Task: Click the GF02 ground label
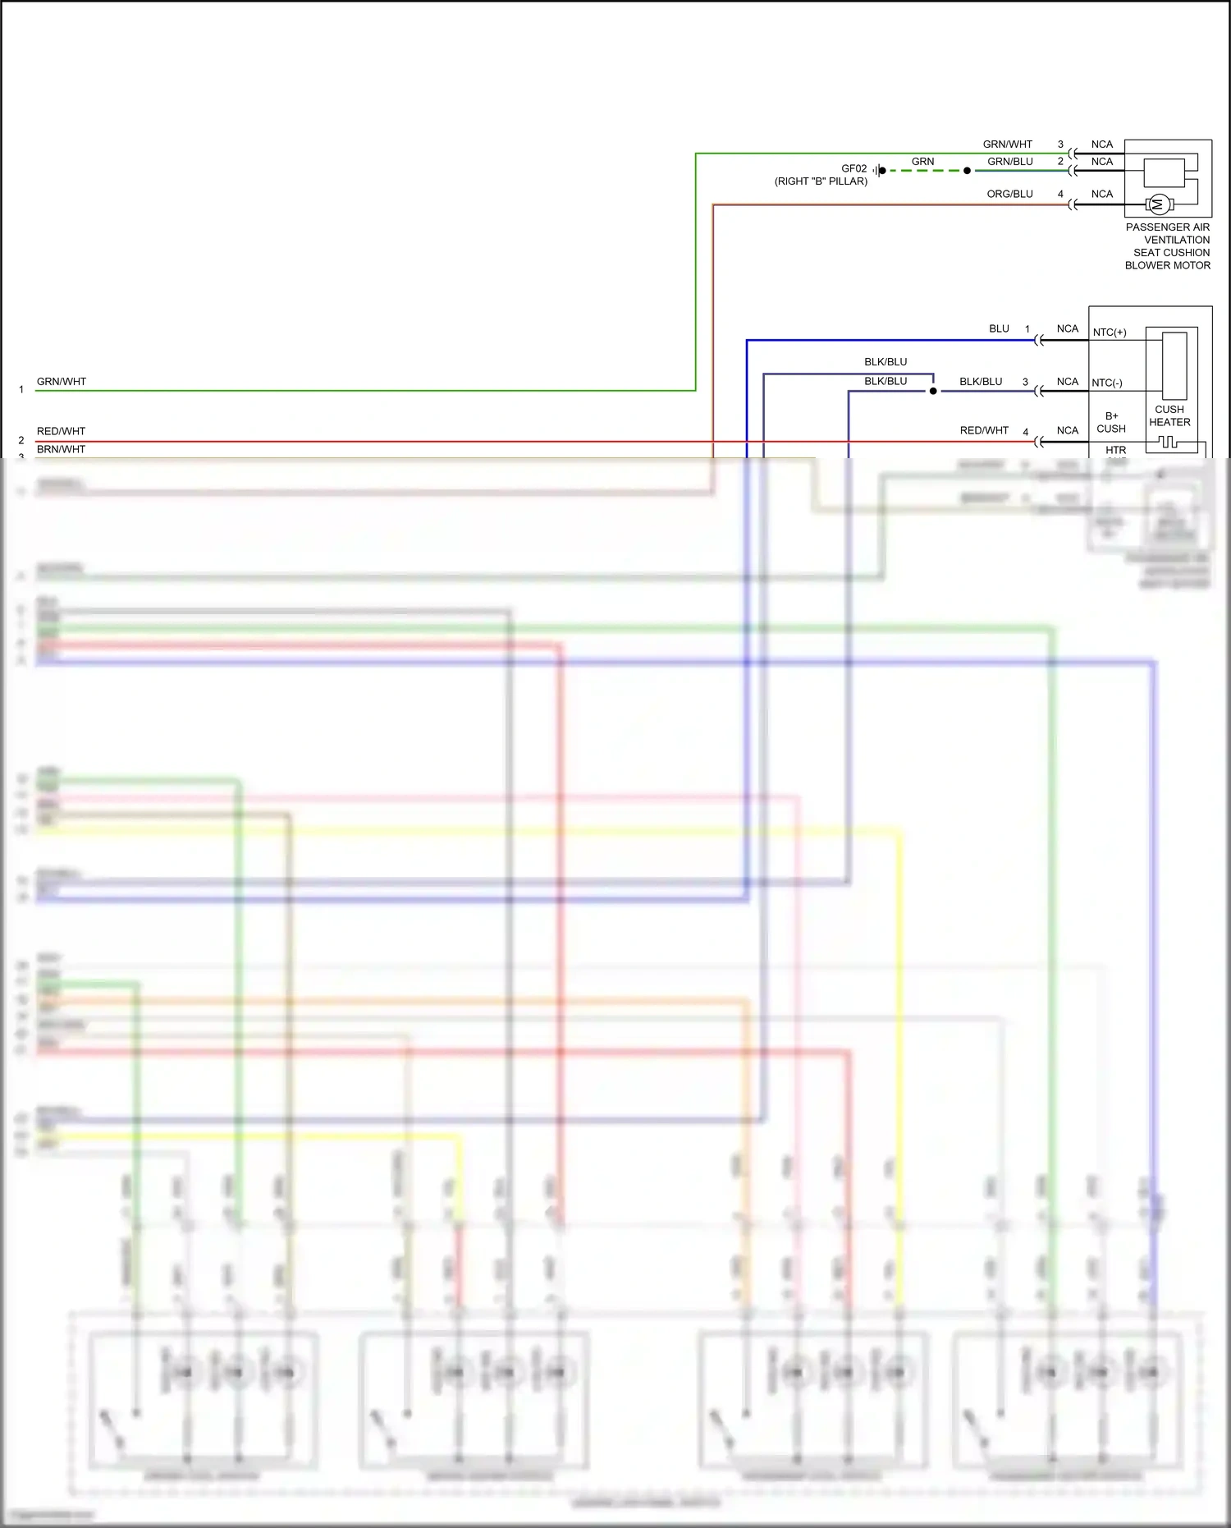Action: coord(853,168)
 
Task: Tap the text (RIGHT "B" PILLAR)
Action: coord(821,181)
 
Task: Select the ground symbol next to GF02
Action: coord(879,171)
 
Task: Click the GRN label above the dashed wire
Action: coord(922,162)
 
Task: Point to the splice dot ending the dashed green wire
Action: coord(967,171)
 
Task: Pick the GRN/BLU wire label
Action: coord(1009,162)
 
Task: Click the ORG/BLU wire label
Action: coord(1009,194)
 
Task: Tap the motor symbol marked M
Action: coord(1158,204)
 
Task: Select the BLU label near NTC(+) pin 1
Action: coord(999,328)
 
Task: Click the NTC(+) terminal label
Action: coord(1110,333)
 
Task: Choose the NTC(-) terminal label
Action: coord(1107,383)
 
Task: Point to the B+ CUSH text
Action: coord(1111,422)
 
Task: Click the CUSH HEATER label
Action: coord(1169,415)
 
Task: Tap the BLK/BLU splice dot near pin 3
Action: coord(933,391)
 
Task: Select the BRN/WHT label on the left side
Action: coord(61,449)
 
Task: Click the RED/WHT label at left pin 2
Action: coord(61,431)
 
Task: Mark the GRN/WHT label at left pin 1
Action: coord(61,382)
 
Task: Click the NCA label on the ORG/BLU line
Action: coord(1102,194)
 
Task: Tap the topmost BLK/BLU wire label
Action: coord(885,362)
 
